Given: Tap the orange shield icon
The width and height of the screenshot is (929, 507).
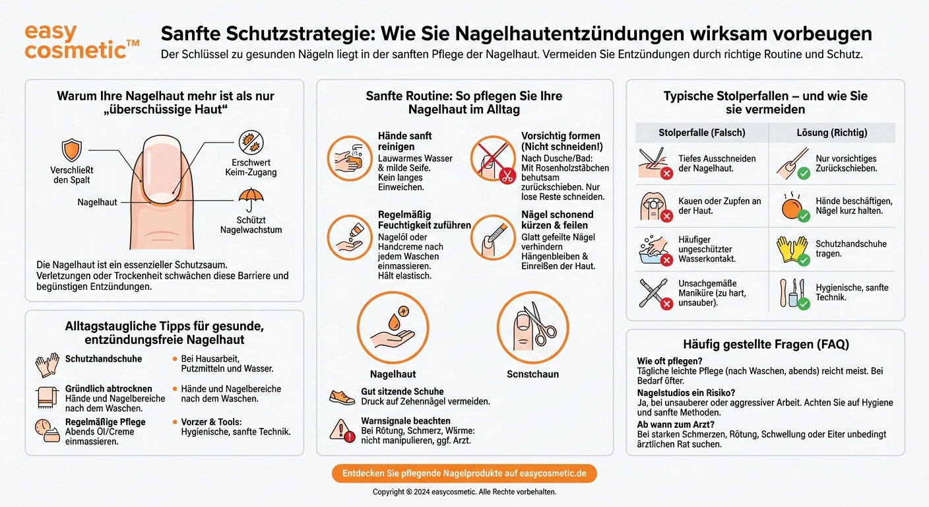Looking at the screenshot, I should click(x=71, y=150).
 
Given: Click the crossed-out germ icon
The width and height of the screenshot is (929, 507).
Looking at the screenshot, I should click(x=250, y=143).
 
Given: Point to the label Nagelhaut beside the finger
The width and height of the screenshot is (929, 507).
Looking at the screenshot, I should click(x=97, y=202).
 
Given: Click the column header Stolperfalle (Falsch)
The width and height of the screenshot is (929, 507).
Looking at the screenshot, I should click(x=701, y=133).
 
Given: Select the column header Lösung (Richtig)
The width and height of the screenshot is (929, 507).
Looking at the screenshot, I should click(x=831, y=133).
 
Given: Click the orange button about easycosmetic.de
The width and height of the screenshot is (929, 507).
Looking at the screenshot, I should click(x=464, y=473).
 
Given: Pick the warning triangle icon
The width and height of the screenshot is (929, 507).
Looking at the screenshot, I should click(x=341, y=430).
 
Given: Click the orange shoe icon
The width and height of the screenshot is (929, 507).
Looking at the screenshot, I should click(x=341, y=396).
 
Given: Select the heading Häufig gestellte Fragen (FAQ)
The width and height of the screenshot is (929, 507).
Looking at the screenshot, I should click(x=765, y=344).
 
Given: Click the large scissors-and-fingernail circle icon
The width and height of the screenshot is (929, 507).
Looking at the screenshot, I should click(x=532, y=327).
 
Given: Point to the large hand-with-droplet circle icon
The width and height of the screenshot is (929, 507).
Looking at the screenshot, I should click(x=393, y=327).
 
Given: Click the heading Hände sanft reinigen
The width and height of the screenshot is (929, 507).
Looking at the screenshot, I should click(x=404, y=141).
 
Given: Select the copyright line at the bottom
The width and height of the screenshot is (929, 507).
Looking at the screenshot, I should click(x=464, y=492).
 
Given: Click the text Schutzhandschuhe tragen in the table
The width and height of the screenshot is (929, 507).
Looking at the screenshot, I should click(x=850, y=249).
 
